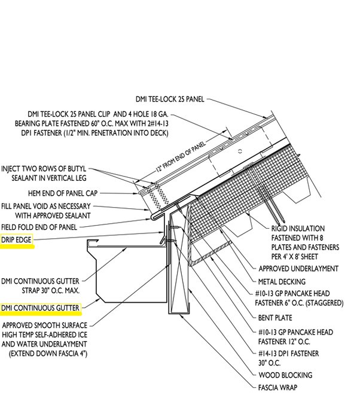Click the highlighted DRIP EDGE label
tap(16, 241)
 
